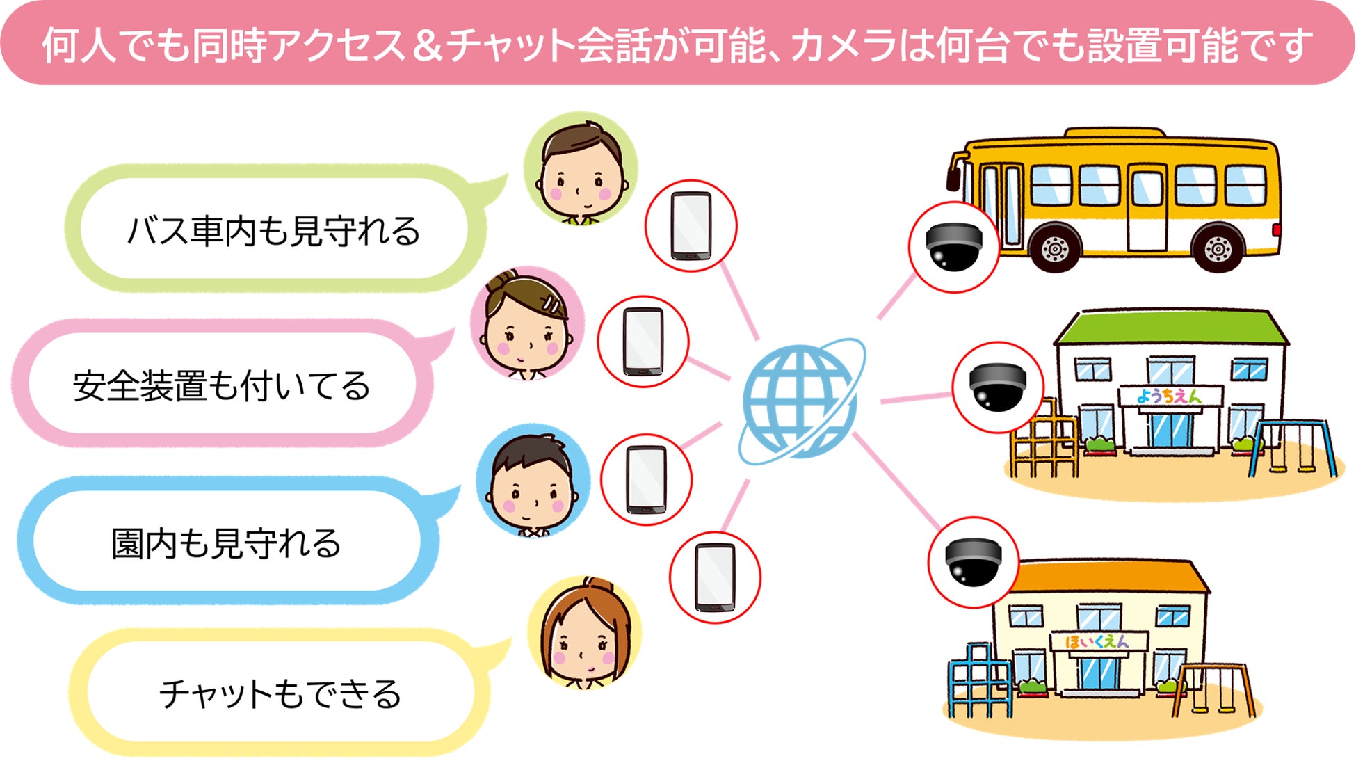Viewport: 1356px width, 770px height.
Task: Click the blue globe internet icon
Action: (x=800, y=401)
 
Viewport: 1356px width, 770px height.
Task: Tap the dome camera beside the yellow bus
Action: (x=954, y=247)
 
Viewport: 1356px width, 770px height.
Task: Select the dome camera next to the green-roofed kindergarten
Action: (x=997, y=387)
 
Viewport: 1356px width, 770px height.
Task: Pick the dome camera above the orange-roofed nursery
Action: (x=973, y=561)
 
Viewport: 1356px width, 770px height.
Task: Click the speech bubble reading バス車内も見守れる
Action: (x=273, y=230)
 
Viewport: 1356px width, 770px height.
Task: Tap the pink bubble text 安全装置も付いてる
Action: (x=221, y=386)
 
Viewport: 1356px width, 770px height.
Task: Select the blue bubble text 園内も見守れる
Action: (x=226, y=543)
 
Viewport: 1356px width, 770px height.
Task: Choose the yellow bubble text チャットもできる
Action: (x=280, y=693)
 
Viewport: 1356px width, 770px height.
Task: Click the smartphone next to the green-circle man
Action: (x=691, y=226)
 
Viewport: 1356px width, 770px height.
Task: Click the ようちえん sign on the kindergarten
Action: (x=1170, y=396)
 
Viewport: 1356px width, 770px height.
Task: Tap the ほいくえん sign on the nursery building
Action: (x=1097, y=641)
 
